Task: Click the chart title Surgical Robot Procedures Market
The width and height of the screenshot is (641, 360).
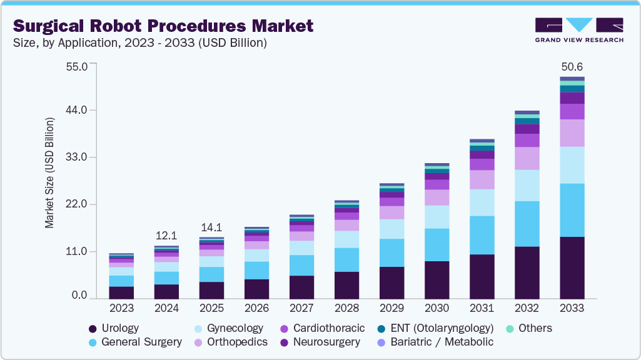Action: tap(163, 26)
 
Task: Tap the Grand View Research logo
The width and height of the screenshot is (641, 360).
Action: tap(578, 29)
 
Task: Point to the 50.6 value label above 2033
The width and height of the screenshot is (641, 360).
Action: tap(572, 67)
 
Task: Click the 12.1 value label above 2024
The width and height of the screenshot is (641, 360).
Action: tap(167, 236)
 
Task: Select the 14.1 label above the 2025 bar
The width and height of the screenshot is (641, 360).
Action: tap(211, 227)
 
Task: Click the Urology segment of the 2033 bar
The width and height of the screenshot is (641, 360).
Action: tap(572, 267)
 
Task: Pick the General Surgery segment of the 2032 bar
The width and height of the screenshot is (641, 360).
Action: tap(527, 224)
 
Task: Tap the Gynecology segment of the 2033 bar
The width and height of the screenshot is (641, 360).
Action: tap(572, 165)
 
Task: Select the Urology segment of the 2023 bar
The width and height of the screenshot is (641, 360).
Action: tap(121, 292)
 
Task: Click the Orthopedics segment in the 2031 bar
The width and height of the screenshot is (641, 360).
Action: tap(482, 179)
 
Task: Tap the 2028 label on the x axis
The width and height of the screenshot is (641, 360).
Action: tap(346, 309)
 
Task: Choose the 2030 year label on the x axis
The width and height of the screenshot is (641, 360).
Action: tap(437, 309)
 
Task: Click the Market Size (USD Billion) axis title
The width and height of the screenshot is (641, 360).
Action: tap(49, 172)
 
